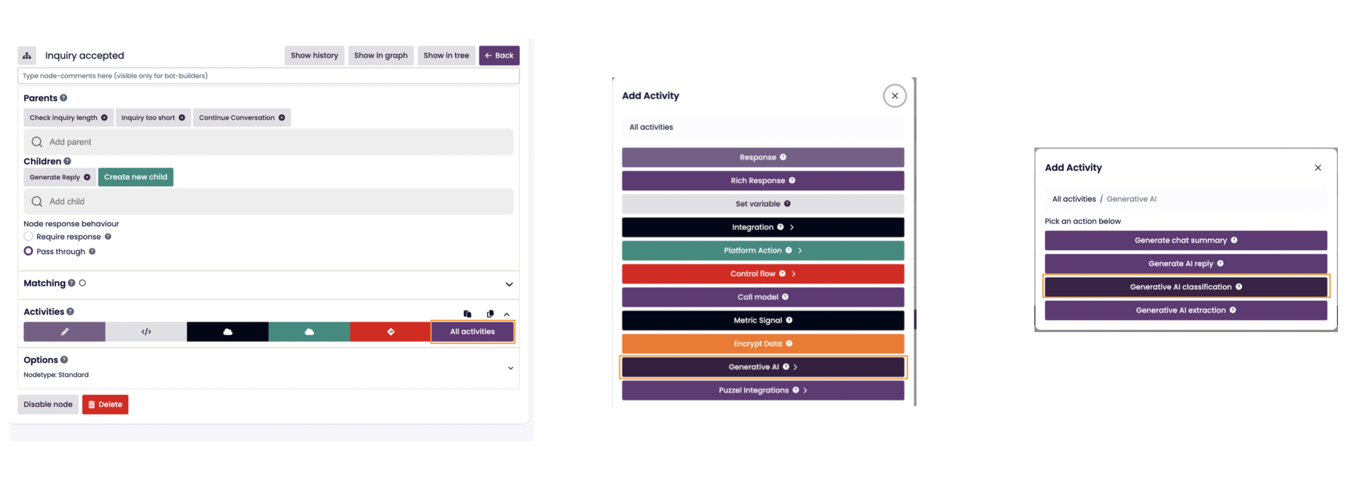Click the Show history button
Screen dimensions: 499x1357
coord(314,56)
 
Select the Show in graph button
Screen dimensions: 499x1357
coord(380,56)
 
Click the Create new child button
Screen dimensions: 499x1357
coord(135,177)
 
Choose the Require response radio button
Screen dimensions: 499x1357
coord(29,236)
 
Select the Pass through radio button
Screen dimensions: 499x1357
coord(29,251)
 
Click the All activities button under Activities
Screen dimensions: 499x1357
coord(471,332)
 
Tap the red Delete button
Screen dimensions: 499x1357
coord(105,404)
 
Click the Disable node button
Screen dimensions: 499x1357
coord(48,404)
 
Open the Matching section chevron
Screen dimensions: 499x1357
coord(508,284)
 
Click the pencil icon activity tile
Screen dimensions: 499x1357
coord(64,332)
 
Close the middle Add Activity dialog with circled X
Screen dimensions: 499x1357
coord(894,96)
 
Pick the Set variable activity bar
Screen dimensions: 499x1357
coord(762,204)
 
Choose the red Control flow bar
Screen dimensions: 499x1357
coord(762,274)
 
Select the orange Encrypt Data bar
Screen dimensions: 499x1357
coord(762,344)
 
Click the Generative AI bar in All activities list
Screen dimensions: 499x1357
coord(762,367)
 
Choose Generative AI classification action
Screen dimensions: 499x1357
coord(1185,287)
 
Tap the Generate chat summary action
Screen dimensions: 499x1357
coord(1185,240)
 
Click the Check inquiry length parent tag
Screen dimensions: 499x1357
coord(63,118)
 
